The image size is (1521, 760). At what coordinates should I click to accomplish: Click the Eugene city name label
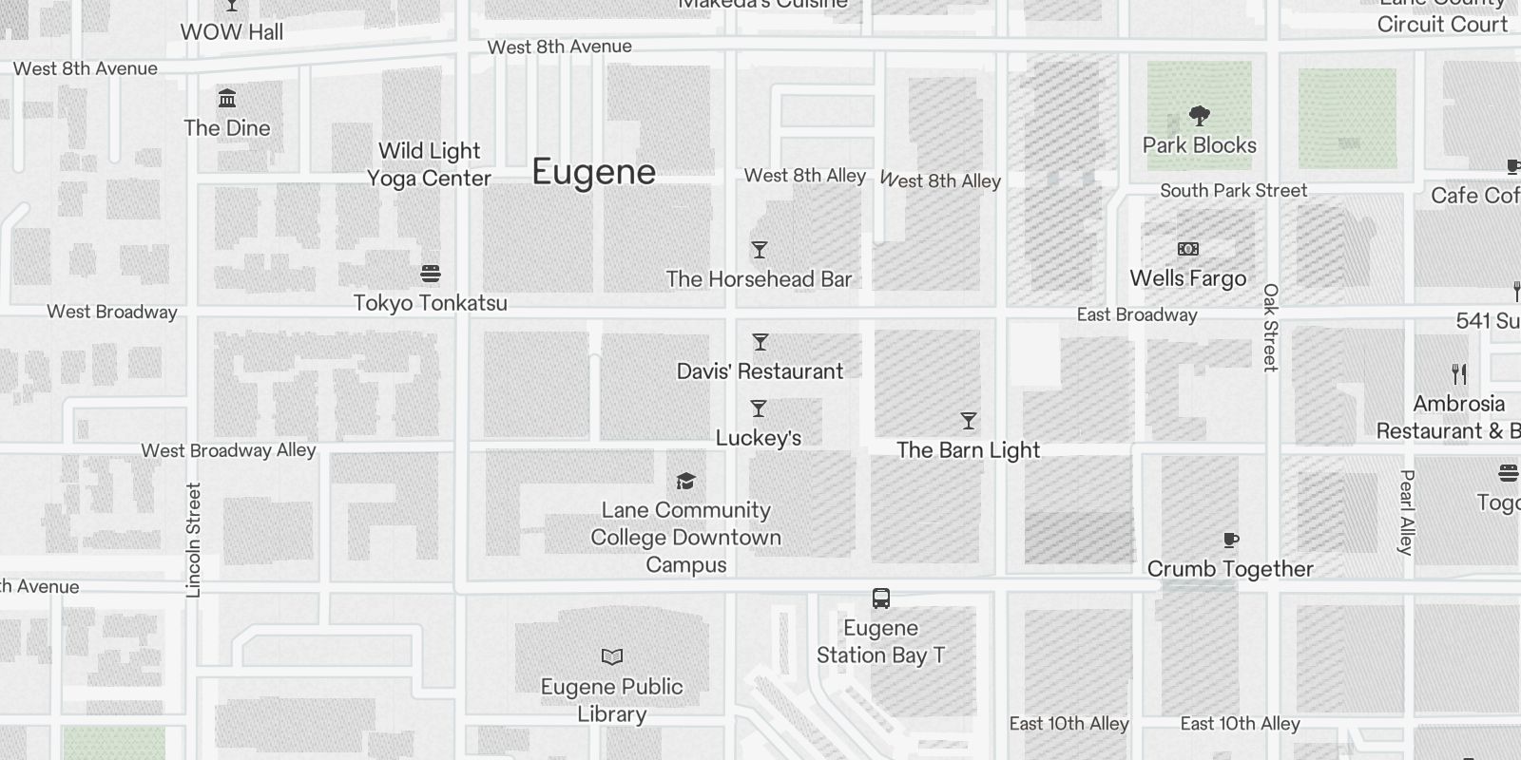click(593, 172)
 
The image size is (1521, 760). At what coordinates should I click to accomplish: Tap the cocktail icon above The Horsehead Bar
click(759, 250)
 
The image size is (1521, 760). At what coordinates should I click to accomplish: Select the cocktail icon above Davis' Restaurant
click(760, 342)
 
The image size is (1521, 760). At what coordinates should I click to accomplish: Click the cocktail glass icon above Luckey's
click(758, 408)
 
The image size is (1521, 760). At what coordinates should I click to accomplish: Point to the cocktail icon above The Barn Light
click(968, 421)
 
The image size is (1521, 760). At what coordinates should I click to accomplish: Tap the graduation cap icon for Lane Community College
click(685, 481)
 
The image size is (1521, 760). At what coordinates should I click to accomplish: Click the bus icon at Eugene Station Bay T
click(880, 598)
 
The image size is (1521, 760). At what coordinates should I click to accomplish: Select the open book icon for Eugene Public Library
click(612, 656)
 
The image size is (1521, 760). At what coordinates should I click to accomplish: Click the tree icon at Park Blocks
click(1199, 116)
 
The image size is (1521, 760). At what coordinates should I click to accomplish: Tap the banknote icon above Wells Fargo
click(1187, 249)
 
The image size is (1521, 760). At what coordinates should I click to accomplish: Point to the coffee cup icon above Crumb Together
click(1230, 541)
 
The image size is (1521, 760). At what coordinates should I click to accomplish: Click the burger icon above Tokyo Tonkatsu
click(430, 275)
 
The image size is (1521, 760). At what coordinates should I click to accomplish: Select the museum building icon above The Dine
click(226, 99)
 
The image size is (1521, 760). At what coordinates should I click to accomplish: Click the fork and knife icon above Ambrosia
click(1459, 373)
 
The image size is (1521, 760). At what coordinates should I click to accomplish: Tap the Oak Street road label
click(1271, 327)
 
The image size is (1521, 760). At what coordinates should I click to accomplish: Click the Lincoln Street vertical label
click(194, 540)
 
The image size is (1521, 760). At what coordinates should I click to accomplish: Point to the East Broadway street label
click(1136, 314)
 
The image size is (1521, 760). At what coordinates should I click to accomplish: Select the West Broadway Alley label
click(228, 450)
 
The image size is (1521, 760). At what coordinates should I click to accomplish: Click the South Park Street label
click(1233, 190)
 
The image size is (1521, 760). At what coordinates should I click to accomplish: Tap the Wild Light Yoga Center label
click(429, 164)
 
